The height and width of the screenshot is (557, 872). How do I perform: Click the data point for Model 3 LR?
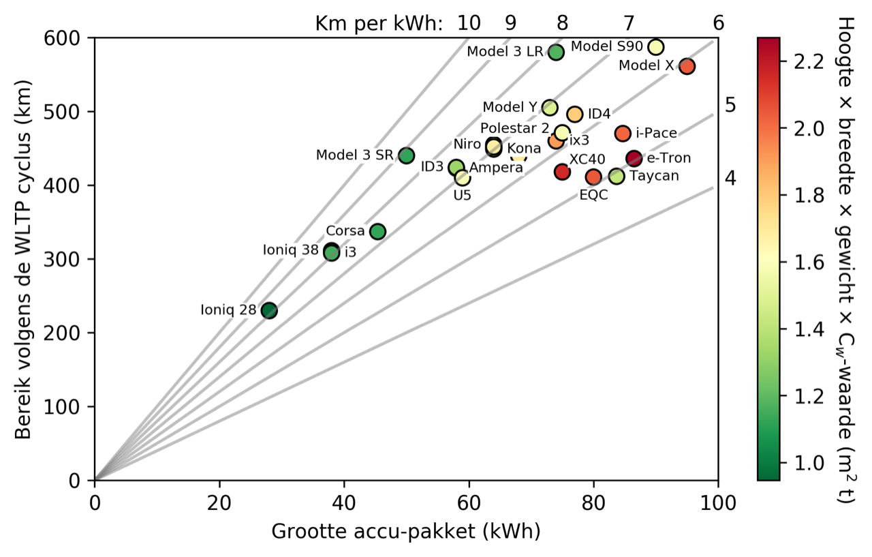click(x=556, y=52)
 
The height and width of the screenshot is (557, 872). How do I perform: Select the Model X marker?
click(x=687, y=66)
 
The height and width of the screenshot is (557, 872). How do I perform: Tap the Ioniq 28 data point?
click(x=269, y=310)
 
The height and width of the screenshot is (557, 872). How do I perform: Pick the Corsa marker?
click(x=377, y=231)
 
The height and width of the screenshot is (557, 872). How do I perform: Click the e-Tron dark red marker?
click(x=634, y=158)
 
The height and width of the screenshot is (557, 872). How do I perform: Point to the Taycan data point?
click(x=617, y=176)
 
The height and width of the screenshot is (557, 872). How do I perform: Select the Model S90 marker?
click(x=656, y=47)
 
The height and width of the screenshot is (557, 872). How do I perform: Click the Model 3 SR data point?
click(x=406, y=155)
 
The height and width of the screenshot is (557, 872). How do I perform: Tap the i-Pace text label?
click(x=655, y=133)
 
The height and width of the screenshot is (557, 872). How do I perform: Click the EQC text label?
click(x=593, y=195)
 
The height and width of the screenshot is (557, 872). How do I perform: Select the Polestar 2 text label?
click(x=514, y=128)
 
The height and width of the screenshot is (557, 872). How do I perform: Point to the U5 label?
click(x=463, y=195)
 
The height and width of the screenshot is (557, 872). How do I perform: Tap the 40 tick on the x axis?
click(x=344, y=503)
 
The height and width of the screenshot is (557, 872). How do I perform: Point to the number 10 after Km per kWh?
click(x=468, y=23)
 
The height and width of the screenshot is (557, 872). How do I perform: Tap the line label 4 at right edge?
click(x=730, y=179)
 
